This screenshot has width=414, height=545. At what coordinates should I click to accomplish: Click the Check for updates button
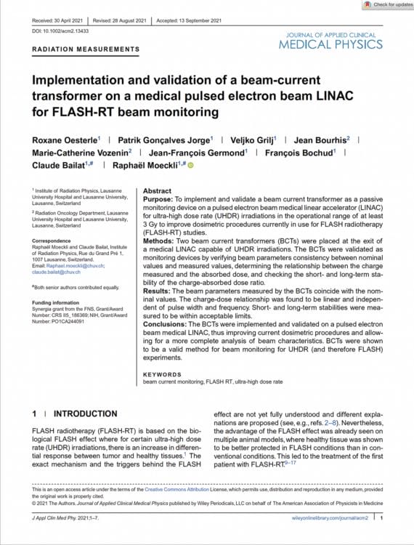[385, 5]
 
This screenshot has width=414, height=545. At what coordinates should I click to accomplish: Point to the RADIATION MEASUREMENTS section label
[86, 50]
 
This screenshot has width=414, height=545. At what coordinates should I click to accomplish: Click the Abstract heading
[158, 189]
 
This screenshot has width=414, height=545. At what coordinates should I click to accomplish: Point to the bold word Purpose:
[161, 199]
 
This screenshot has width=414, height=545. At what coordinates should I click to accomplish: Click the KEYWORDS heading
[163, 373]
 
